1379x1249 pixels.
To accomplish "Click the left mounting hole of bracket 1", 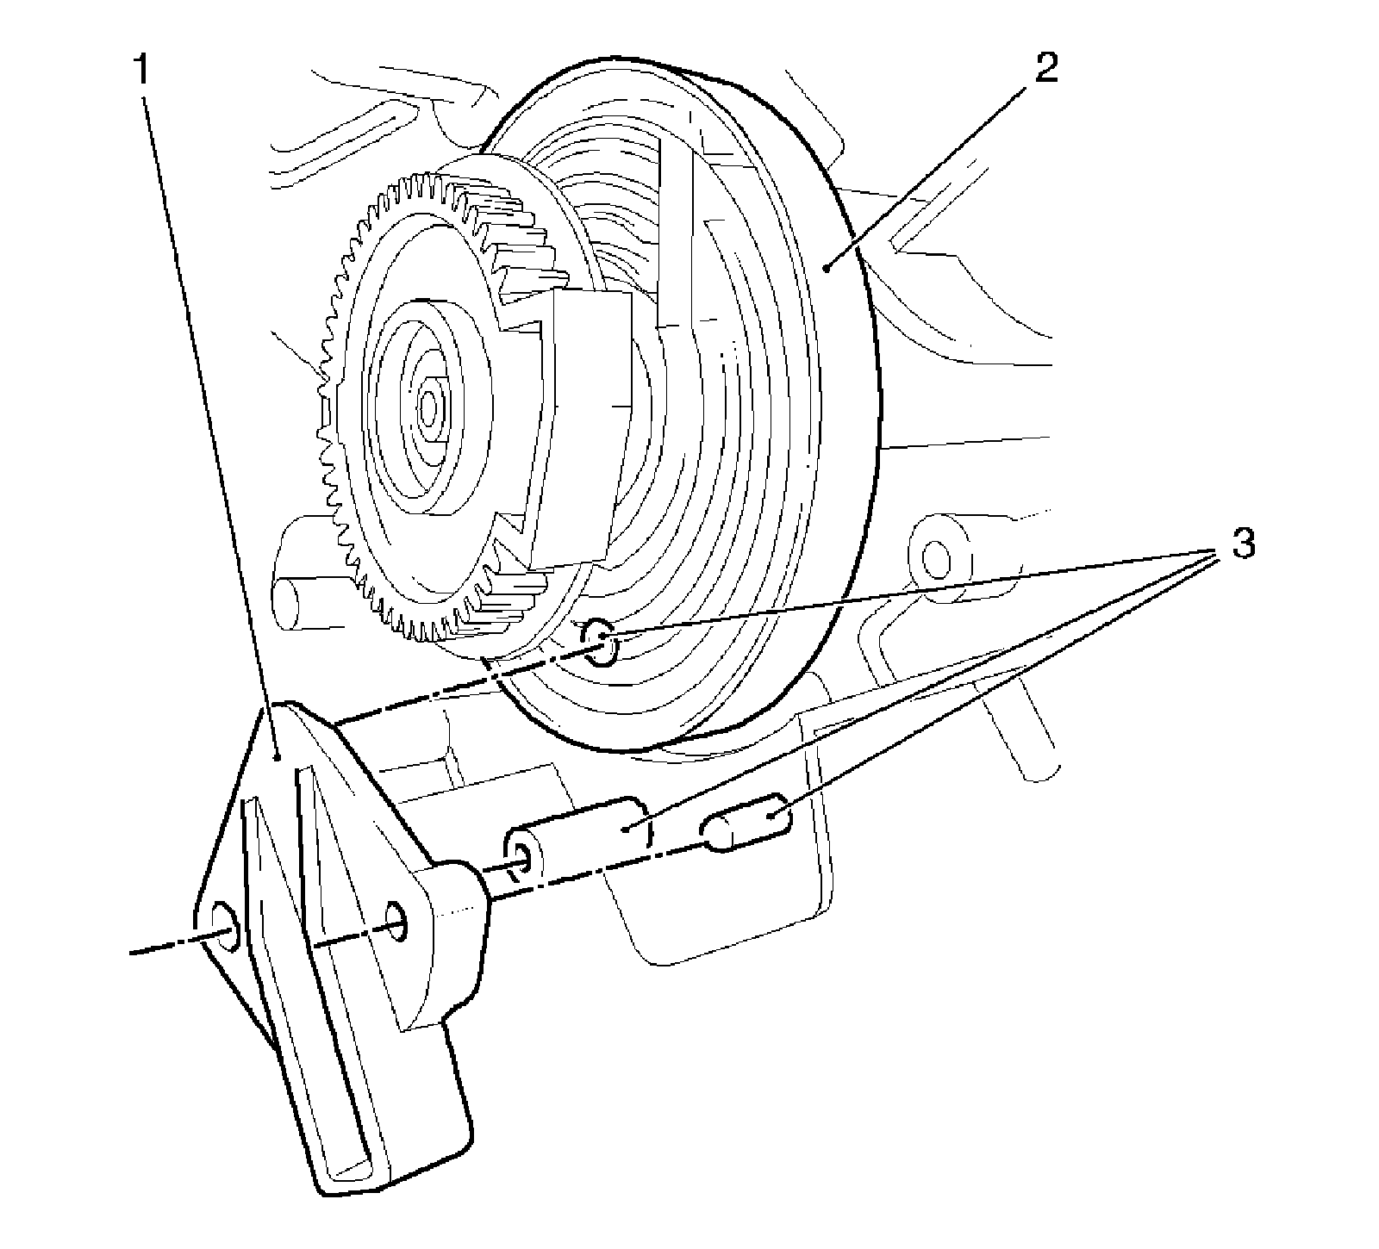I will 222,926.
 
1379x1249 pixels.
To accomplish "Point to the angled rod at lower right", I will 1026,732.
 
